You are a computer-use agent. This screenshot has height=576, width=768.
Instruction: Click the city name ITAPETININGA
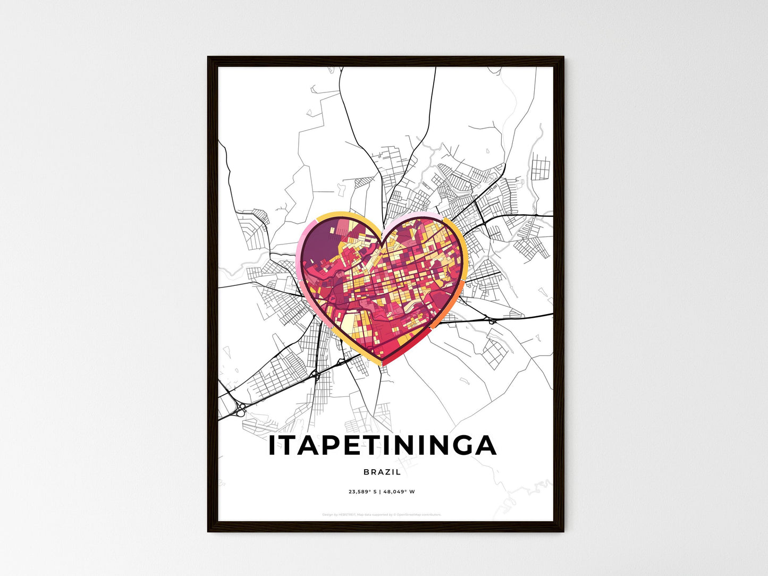coord(382,446)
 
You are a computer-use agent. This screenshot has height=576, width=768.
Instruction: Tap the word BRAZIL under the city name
coord(382,472)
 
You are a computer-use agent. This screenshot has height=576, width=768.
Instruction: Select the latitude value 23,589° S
coord(362,492)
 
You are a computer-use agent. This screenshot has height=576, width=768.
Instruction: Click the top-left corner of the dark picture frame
coord(209,57)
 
